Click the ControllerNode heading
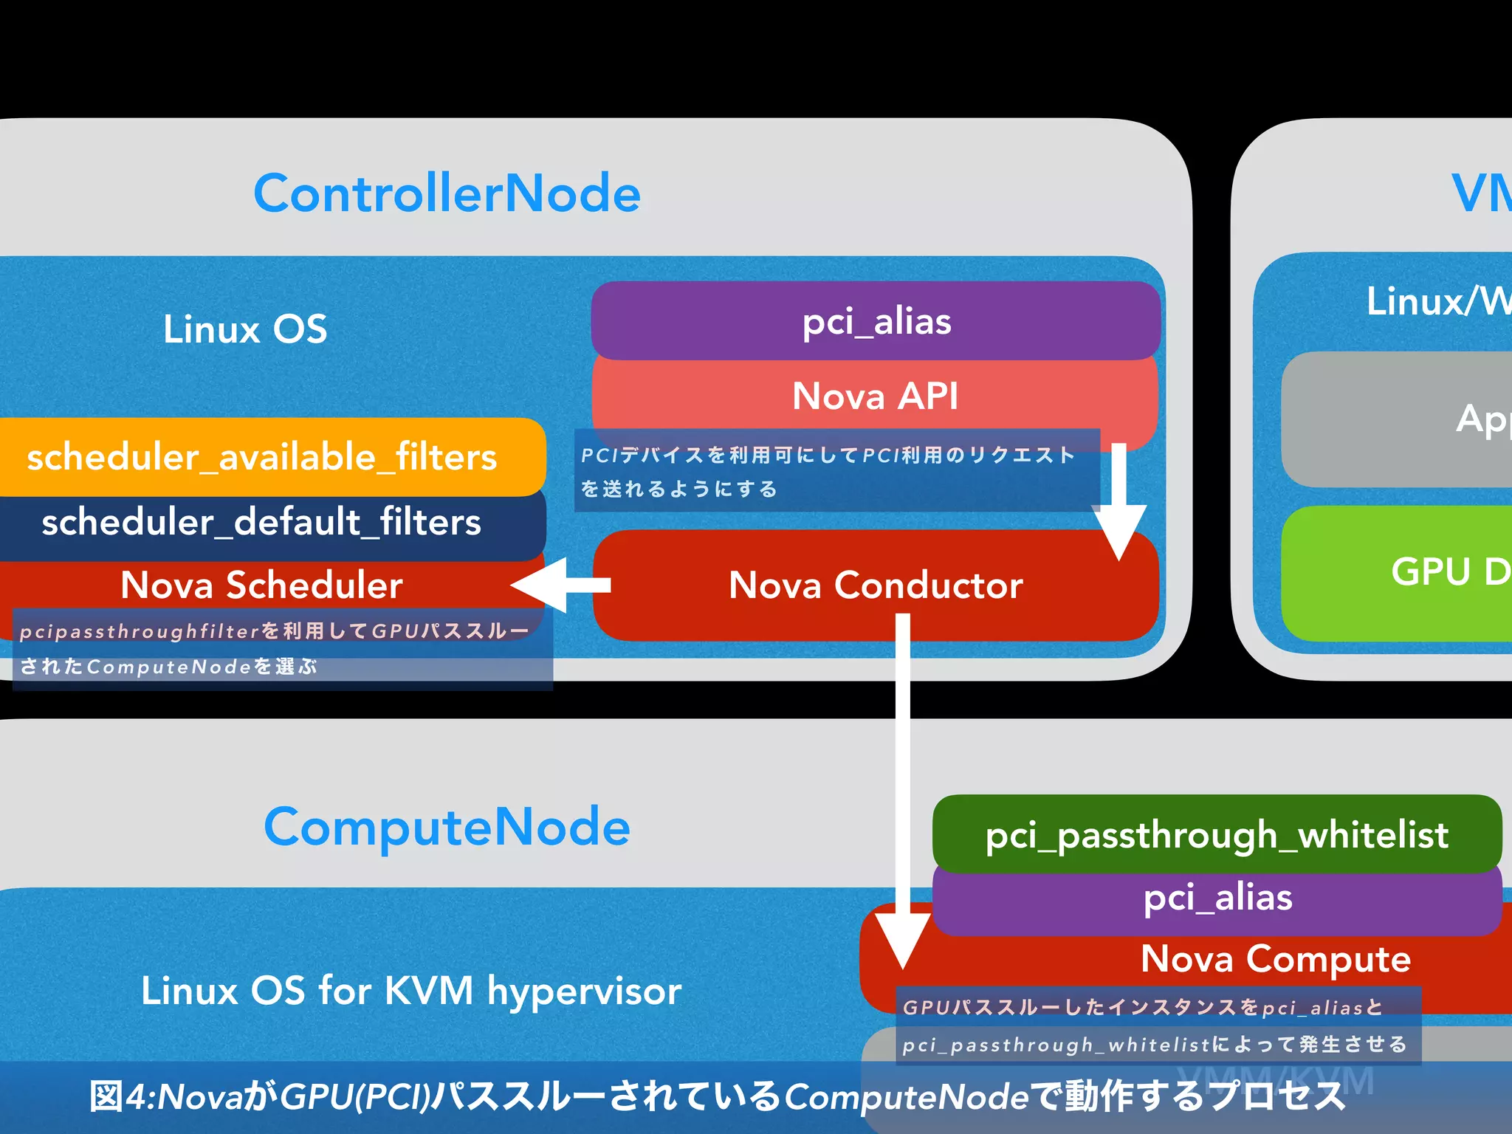pyautogui.click(x=447, y=193)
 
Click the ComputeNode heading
pyautogui.click(x=447, y=827)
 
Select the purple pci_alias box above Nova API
pyautogui.click(x=876, y=321)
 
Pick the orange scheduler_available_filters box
pyautogui.click(x=263, y=457)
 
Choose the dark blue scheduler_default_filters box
pyautogui.click(x=263, y=523)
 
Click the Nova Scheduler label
pyautogui.click(x=261, y=585)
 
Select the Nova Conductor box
pyautogui.click(x=876, y=585)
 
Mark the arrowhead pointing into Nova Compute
pyautogui.click(x=902, y=938)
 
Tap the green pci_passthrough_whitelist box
pyautogui.click(x=1217, y=834)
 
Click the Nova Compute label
pyautogui.click(x=1275, y=959)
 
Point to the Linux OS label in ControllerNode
pyautogui.click(x=245, y=329)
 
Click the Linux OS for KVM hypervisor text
pyautogui.click(x=410, y=991)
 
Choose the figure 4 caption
pyautogui.click(x=716, y=1096)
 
